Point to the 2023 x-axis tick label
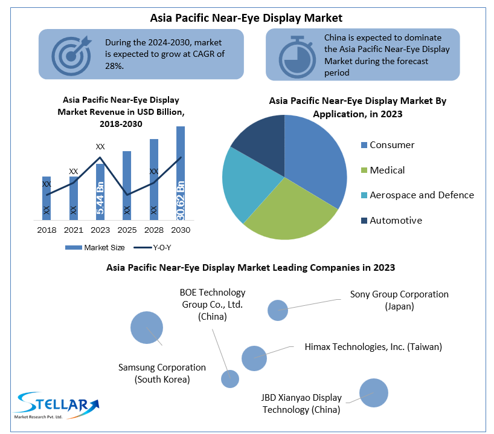click(x=100, y=230)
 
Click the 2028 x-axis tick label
click(x=153, y=230)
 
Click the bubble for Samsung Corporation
click(x=147, y=328)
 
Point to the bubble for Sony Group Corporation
click(x=278, y=310)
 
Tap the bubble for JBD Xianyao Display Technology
click(x=373, y=393)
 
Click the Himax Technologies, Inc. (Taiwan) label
click(x=373, y=347)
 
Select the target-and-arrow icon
click(x=71, y=54)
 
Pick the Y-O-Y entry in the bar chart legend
click(x=153, y=247)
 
